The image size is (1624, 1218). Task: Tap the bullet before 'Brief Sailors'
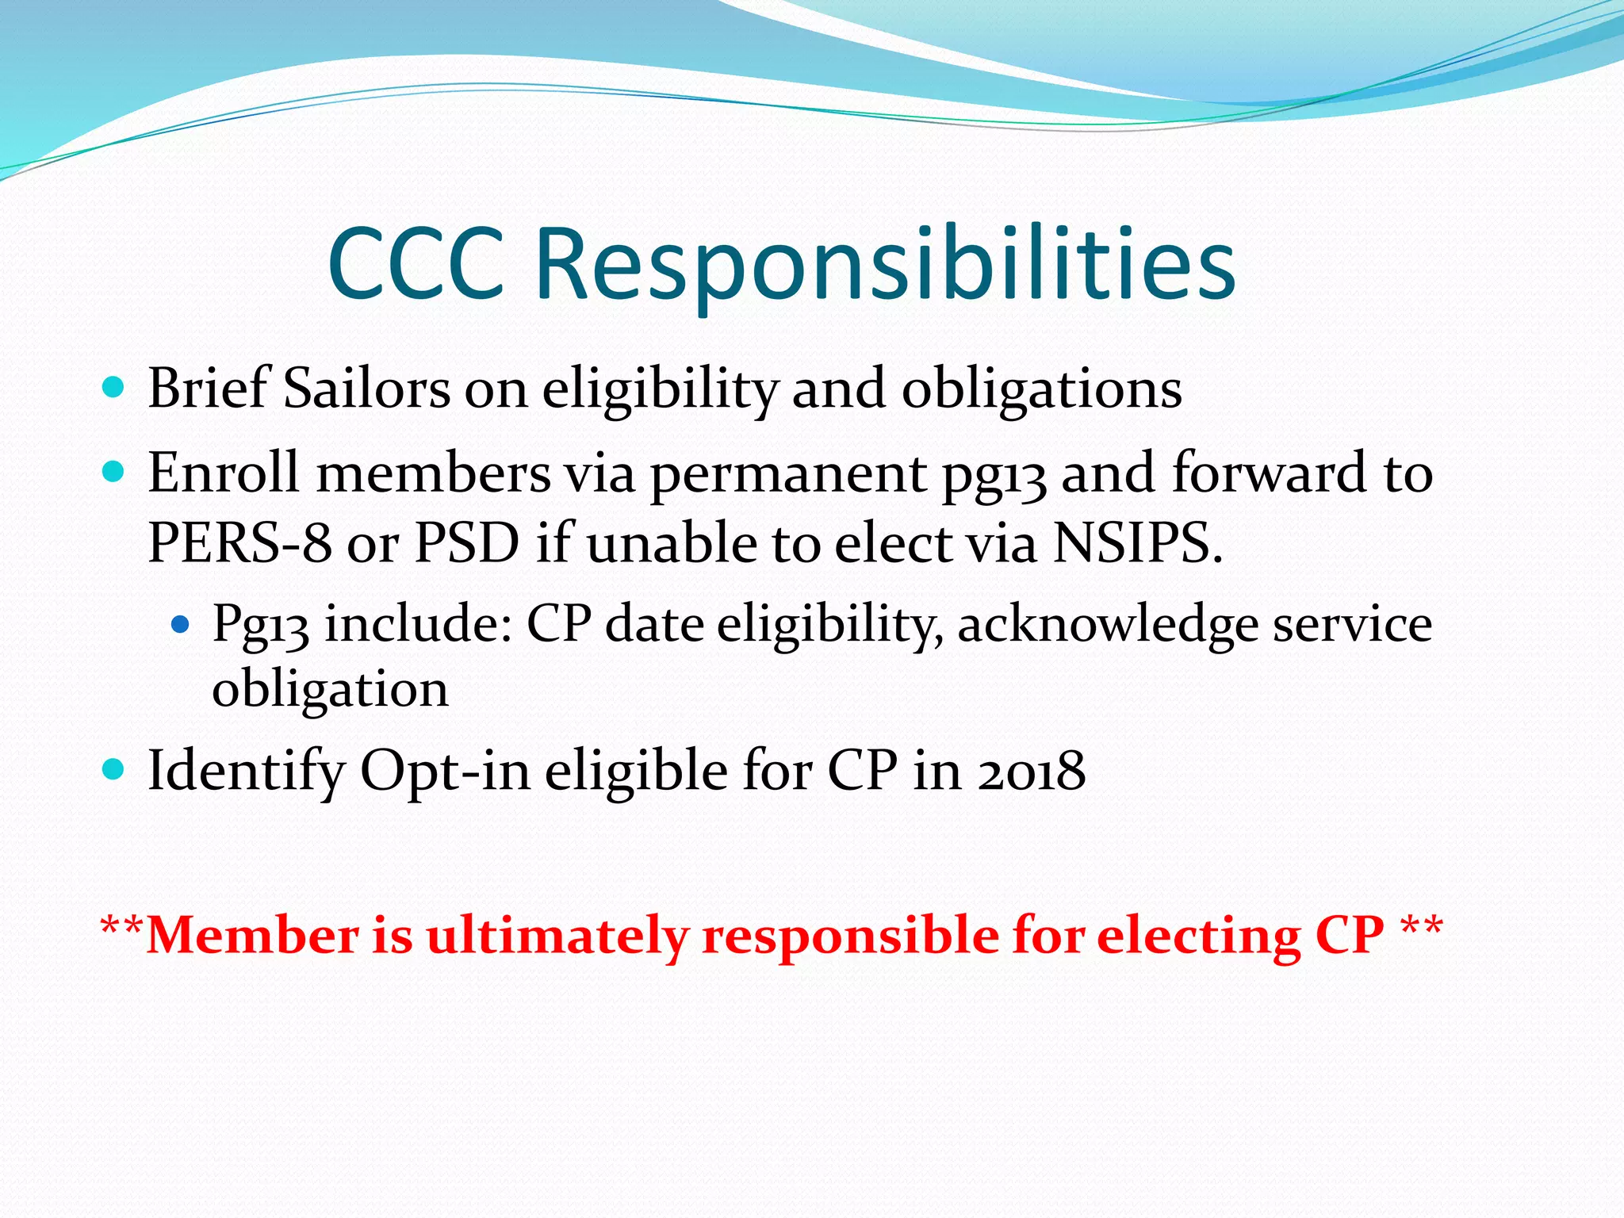[114, 388]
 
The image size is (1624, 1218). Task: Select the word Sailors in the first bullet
[367, 389]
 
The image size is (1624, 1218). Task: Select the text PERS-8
[239, 543]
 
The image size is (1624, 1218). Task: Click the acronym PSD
[467, 543]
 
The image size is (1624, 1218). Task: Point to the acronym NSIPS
[1136, 543]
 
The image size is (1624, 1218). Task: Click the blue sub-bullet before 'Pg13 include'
[181, 625]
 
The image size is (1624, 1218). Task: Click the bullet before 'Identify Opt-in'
[114, 769]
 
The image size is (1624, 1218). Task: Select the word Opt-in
[445, 771]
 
